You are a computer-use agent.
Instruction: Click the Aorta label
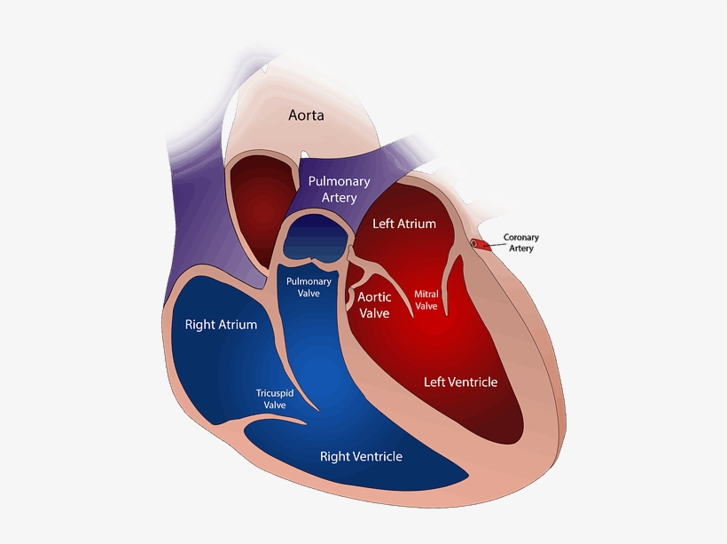click(x=305, y=115)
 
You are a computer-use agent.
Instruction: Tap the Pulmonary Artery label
click(x=339, y=189)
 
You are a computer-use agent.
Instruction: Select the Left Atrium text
click(x=404, y=224)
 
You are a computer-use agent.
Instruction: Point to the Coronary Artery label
click(x=521, y=243)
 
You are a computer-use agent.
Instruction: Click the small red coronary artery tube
click(x=479, y=242)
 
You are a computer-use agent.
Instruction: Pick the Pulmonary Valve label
click(x=308, y=288)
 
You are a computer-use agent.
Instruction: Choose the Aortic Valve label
click(x=372, y=304)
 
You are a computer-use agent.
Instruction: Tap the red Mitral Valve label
click(x=426, y=299)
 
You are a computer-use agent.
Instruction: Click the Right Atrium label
click(x=221, y=325)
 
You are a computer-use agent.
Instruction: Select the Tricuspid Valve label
click(x=274, y=398)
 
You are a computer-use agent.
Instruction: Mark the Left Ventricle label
click(x=460, y=382)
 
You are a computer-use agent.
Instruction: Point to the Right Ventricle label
click(x=361, y=457)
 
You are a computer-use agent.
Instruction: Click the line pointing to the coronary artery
click(x=494, y=240)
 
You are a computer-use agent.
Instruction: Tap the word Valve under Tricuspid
click(x=274, y=405)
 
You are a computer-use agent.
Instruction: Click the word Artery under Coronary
click(x=521, y=249)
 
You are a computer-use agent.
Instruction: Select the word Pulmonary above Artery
click(x=339, y=181)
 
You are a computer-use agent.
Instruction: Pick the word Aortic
click(x=372, y=296)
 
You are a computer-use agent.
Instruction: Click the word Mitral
click(x=426, y=293)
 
